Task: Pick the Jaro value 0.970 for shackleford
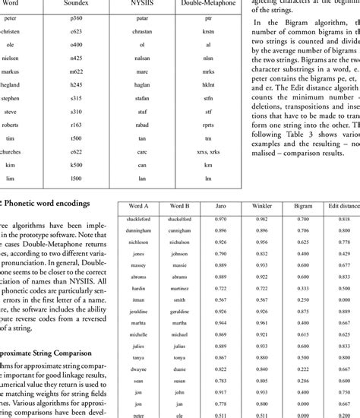click(221, 219)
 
